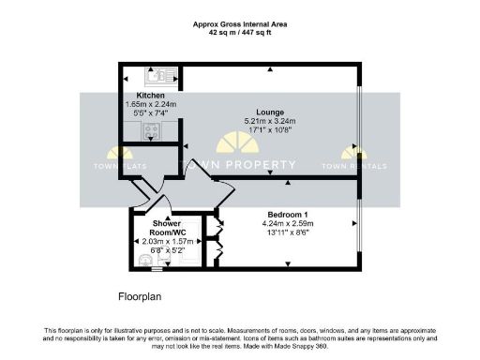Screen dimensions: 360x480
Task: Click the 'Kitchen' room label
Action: pyautogui.click(x=152, y=96)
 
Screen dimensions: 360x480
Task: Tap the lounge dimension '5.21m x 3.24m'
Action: pyautogui.click(x=270, y=122)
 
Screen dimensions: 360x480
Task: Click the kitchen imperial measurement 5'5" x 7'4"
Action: pyautogui.click(x=152, y=113)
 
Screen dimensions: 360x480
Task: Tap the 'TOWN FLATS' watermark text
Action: pyautogui.click(x=120, y=167)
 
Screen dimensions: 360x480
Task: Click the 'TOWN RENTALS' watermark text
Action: pyautogui.click(x=354, y=167)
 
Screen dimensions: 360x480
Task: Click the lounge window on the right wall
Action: pyautogui.click(x=359, y=120)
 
